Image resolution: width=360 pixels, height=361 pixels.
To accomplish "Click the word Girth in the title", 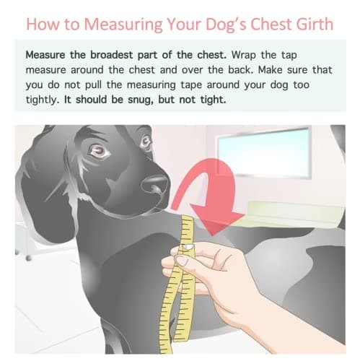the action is point(315,24).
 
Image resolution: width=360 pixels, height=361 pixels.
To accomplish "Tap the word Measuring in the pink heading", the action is point(123,25).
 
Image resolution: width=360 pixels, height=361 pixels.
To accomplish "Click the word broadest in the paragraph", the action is point(111,55).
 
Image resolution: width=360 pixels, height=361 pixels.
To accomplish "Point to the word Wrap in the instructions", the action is point(244,56).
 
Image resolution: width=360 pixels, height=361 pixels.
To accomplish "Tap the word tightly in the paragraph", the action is point(43,100).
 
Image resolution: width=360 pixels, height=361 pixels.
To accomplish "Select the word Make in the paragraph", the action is point(270,70).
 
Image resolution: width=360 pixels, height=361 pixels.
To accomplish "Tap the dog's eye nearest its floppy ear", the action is point(99,151).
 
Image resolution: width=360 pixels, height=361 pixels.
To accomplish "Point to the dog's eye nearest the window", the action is point(146,142).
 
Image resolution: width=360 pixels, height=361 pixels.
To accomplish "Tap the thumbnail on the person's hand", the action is point(181,260).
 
